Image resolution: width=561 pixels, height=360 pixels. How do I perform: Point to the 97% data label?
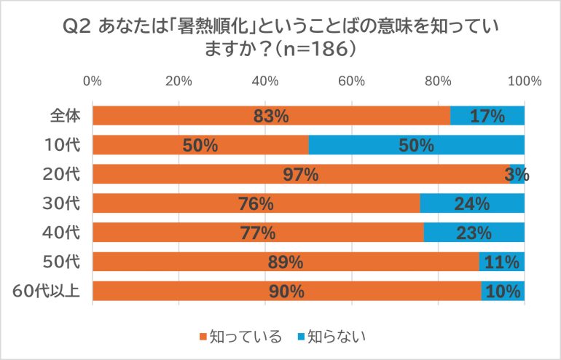(302, 175)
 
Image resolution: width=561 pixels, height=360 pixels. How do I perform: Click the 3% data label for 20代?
(517, 175)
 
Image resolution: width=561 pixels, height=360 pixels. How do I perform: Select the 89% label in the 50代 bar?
(286, 262)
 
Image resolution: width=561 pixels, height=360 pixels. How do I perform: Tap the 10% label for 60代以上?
(503, 291)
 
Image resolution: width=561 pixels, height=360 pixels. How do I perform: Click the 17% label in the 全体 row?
(487, 117)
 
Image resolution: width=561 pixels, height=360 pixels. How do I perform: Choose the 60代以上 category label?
(46, 291)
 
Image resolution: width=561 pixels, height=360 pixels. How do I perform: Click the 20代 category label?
(64, 174)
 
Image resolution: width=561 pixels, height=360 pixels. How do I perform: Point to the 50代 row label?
(64, 262)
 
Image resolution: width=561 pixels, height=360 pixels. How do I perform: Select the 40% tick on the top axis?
(265, 81)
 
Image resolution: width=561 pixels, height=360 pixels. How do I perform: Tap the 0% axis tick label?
(93, 81)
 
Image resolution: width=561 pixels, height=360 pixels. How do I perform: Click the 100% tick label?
(525, 81)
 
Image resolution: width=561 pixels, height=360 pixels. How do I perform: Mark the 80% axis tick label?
(438, 81)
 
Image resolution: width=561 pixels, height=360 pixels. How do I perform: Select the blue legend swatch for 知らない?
(300, 337)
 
